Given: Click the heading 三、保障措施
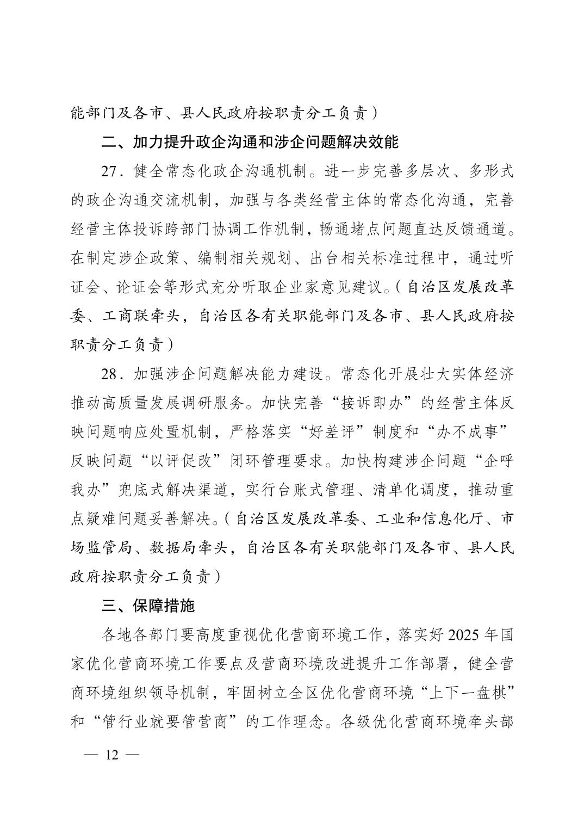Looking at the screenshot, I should coord(148,606).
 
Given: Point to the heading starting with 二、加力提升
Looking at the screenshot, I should coord(250,142).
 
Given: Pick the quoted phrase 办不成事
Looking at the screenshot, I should coord(466,433).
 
